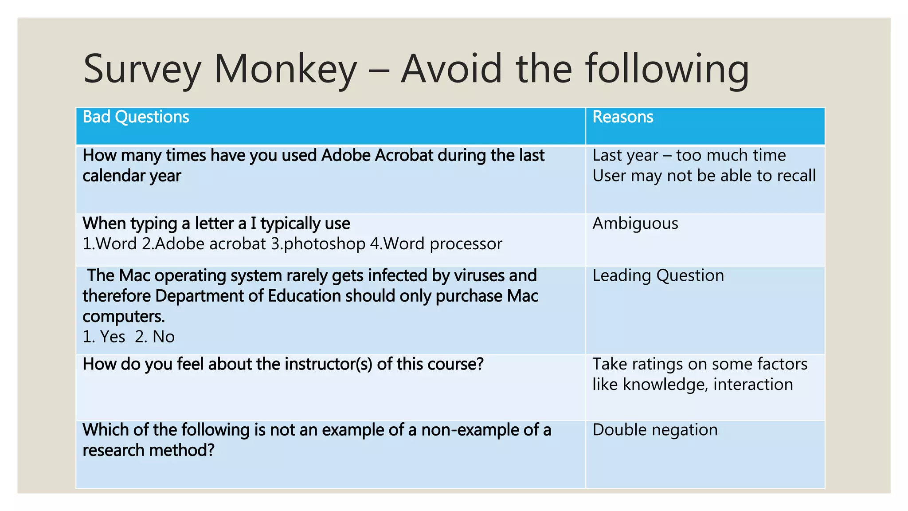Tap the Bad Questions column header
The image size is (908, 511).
coord(136,117)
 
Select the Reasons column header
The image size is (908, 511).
coord(622,117)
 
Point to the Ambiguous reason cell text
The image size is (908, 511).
coord(635,224)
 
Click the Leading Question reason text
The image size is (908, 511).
coord(658,276)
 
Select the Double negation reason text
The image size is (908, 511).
coord(655,430)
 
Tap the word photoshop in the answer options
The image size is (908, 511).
coord(324,244)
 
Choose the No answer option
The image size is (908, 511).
coord(163,337)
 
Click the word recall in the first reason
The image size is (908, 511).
coord(796,176)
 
